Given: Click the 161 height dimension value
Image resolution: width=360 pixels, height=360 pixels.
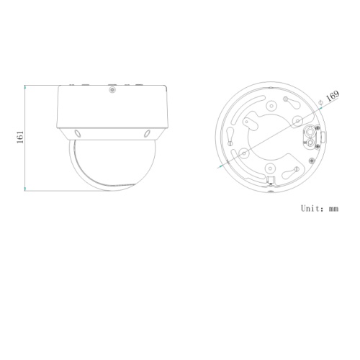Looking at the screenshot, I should (x=21, y=137).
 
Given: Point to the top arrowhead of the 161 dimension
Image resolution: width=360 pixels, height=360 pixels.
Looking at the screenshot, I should (x=26, y=86).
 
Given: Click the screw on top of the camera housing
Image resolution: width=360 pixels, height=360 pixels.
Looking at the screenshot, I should (x=112, y=90).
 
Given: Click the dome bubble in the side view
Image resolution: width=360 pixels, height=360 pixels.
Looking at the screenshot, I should (x=112, y=166).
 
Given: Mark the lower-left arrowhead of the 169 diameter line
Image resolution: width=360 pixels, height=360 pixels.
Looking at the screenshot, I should (x=219, y=166).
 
